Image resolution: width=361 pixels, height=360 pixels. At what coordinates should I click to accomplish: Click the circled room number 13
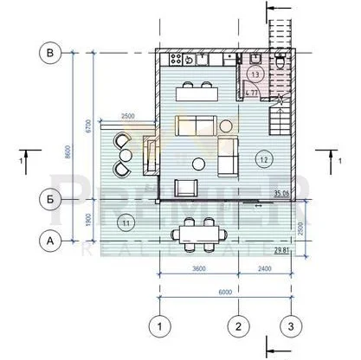coord(255,75)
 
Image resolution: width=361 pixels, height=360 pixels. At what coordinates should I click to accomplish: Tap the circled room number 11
coord(126,223)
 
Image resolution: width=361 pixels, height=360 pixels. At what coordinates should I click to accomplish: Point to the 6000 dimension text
coord(226,292)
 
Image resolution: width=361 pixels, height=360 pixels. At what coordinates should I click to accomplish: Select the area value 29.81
coord(280,251)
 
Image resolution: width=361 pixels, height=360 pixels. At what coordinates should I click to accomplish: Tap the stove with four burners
coord(187,60)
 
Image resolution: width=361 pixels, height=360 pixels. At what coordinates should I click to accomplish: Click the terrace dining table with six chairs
coord(200,233)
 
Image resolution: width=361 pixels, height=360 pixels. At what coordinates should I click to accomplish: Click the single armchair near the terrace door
coord(187,187)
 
